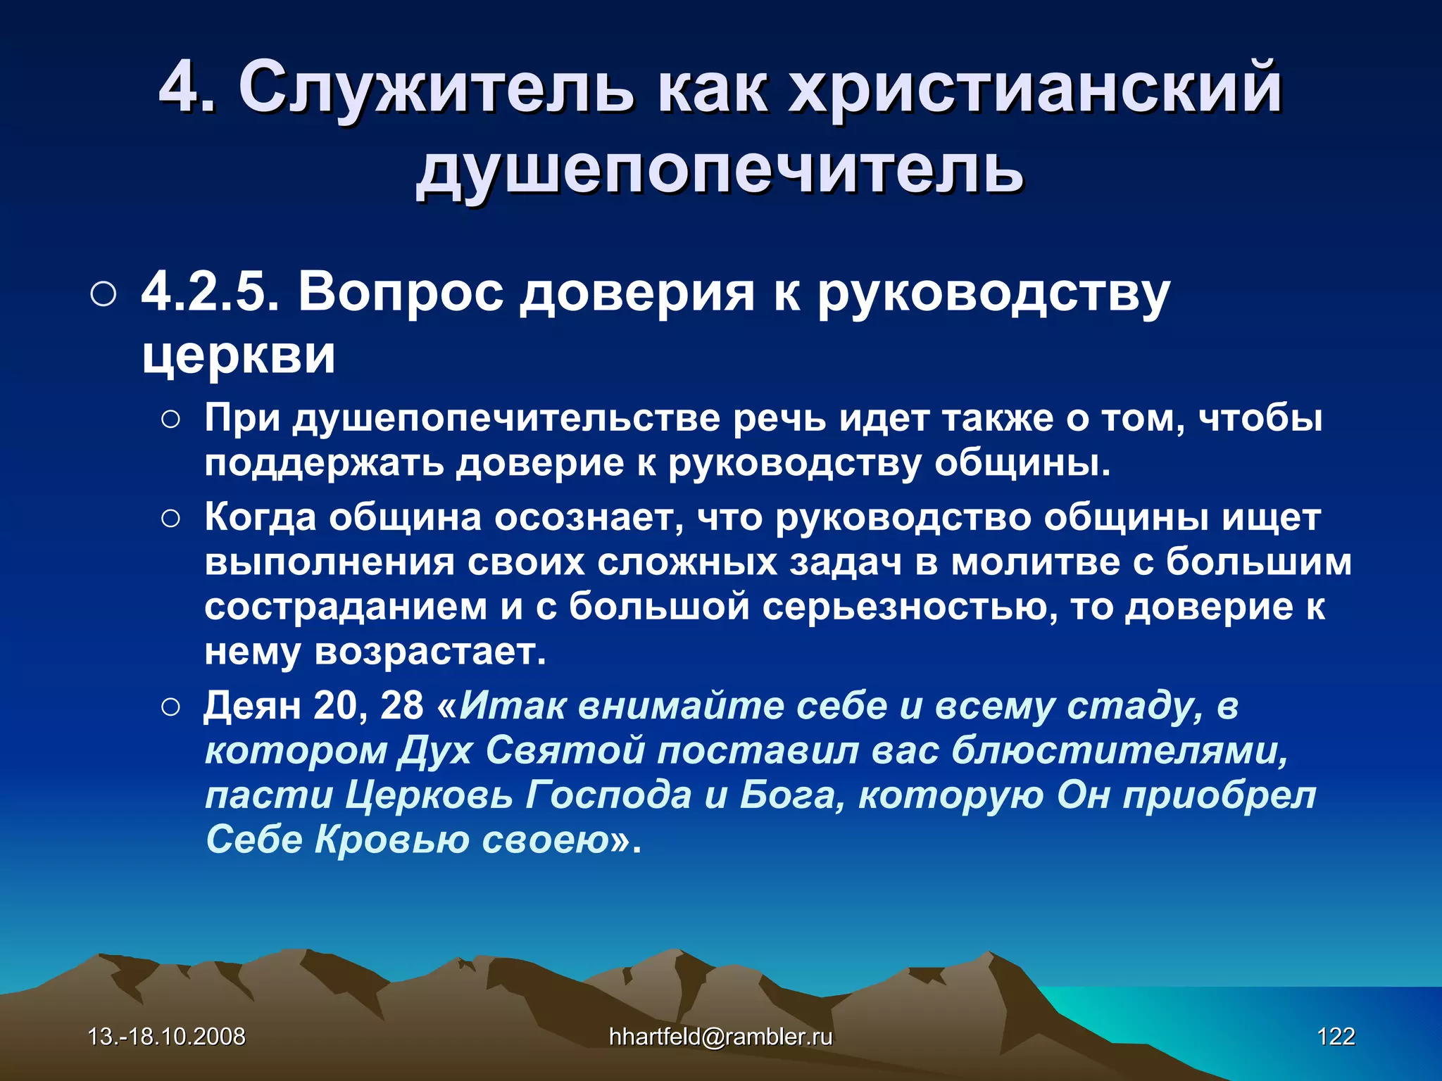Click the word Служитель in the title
pos(436,88)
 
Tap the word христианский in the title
pos(1034,88)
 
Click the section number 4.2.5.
pos(211,292)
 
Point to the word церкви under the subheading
pos(239,355)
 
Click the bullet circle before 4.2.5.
pos(104,295)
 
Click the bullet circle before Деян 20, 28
pos(171,707)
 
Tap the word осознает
pos(589,518)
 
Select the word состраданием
pos(346,607)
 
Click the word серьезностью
pos(909,607)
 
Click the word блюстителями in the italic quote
pos(1120,750)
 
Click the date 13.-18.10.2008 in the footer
pos(167,1036)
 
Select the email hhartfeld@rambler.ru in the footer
pos(720,1036)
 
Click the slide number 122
pos(1336,1036)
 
